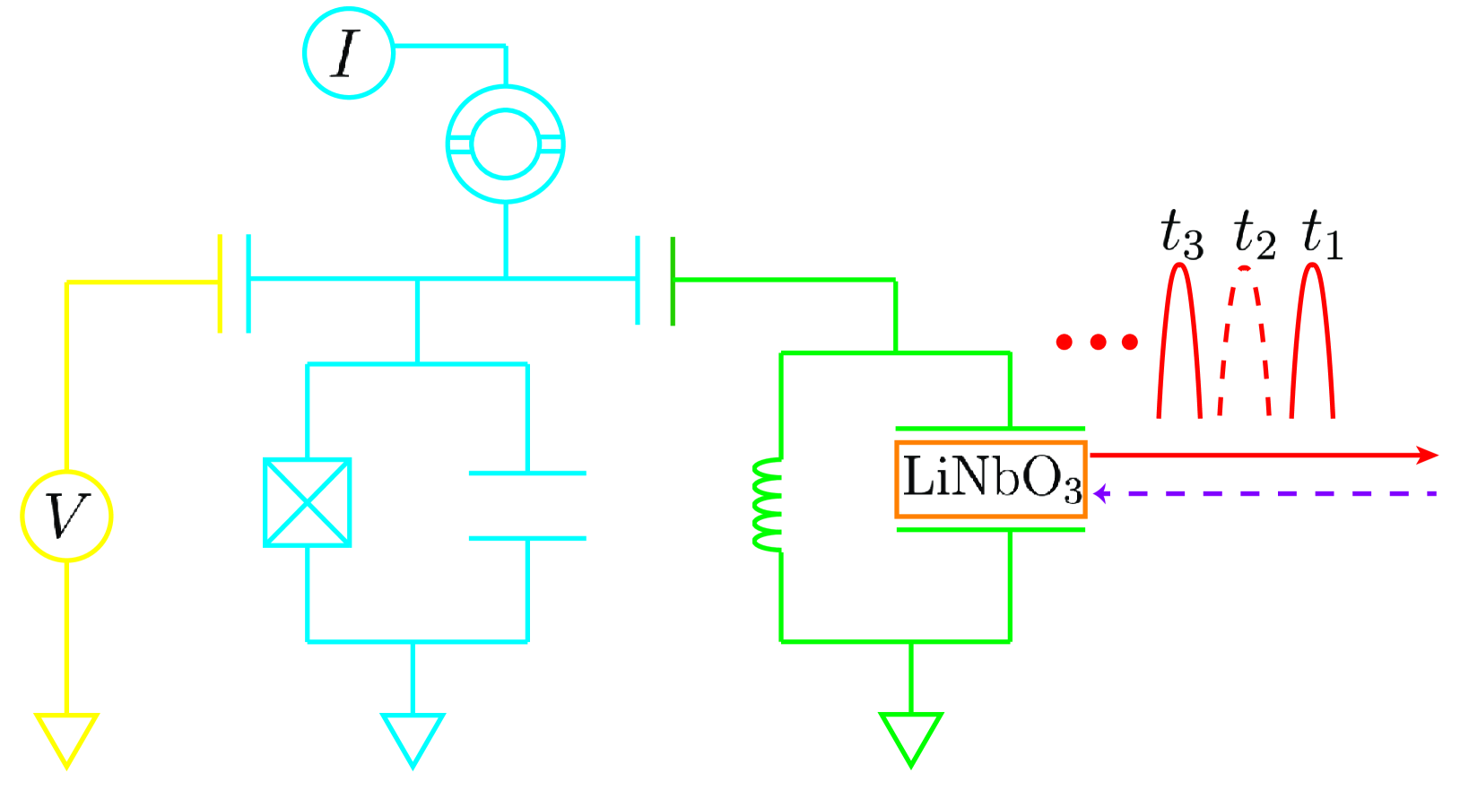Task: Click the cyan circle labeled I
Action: click(348, 54)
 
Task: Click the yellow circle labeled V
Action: click(66, 517)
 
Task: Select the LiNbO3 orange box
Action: click(991, 479)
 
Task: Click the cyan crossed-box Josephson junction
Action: click(308, 502)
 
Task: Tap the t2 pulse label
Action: click(1254, 235)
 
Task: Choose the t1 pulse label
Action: click(1322, 235)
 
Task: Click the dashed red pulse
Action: click(1245, 341)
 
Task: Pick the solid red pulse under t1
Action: click(1313, 341)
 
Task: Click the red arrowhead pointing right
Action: click(1428, 456)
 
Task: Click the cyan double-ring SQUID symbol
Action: click(506, 144)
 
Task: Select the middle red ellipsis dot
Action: click(1098, 342)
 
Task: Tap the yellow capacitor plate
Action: click(221, 283)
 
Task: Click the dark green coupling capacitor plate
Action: click(673, 281)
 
